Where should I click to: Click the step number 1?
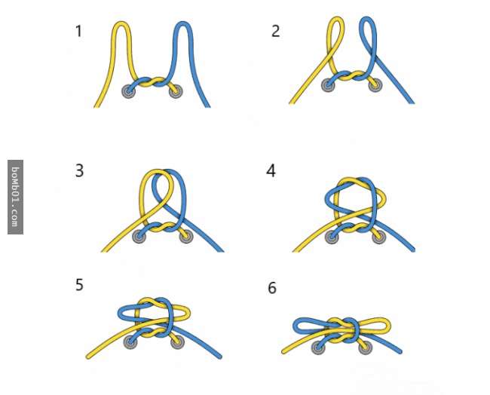78,31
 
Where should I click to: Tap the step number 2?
275,31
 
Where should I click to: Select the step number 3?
79,171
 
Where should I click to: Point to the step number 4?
271,171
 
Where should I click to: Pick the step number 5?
79,285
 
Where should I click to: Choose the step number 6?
272,288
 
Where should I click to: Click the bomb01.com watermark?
15,197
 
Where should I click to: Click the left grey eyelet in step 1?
128,91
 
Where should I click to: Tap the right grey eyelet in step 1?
176,91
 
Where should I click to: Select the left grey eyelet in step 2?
328,85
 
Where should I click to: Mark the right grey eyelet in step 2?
375,85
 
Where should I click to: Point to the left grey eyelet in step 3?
139,236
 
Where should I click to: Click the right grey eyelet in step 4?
379,237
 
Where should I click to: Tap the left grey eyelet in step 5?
130,342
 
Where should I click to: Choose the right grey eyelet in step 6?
366,348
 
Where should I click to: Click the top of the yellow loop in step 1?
121,23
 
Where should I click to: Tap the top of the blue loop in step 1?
183,23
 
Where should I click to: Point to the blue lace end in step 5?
219,357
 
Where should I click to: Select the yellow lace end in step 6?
283,352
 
